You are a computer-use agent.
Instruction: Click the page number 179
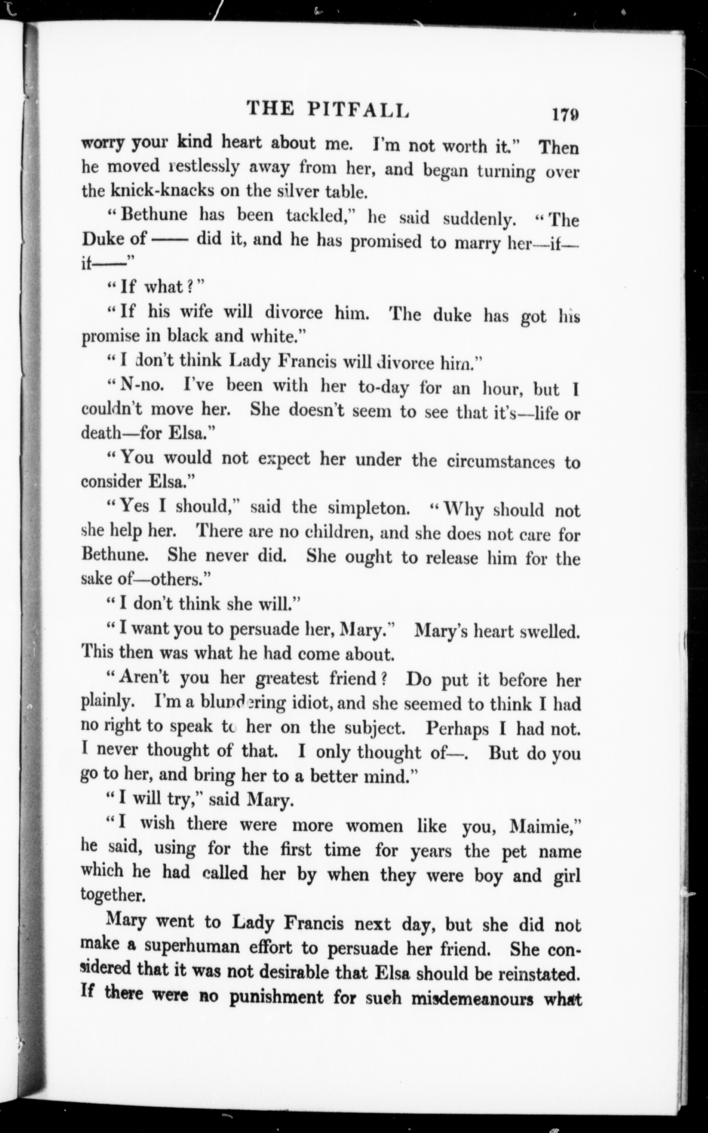(565, 115)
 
